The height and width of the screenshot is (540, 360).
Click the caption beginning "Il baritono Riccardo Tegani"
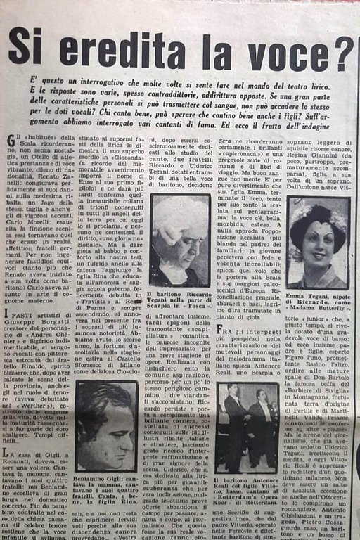pos(179,301)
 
